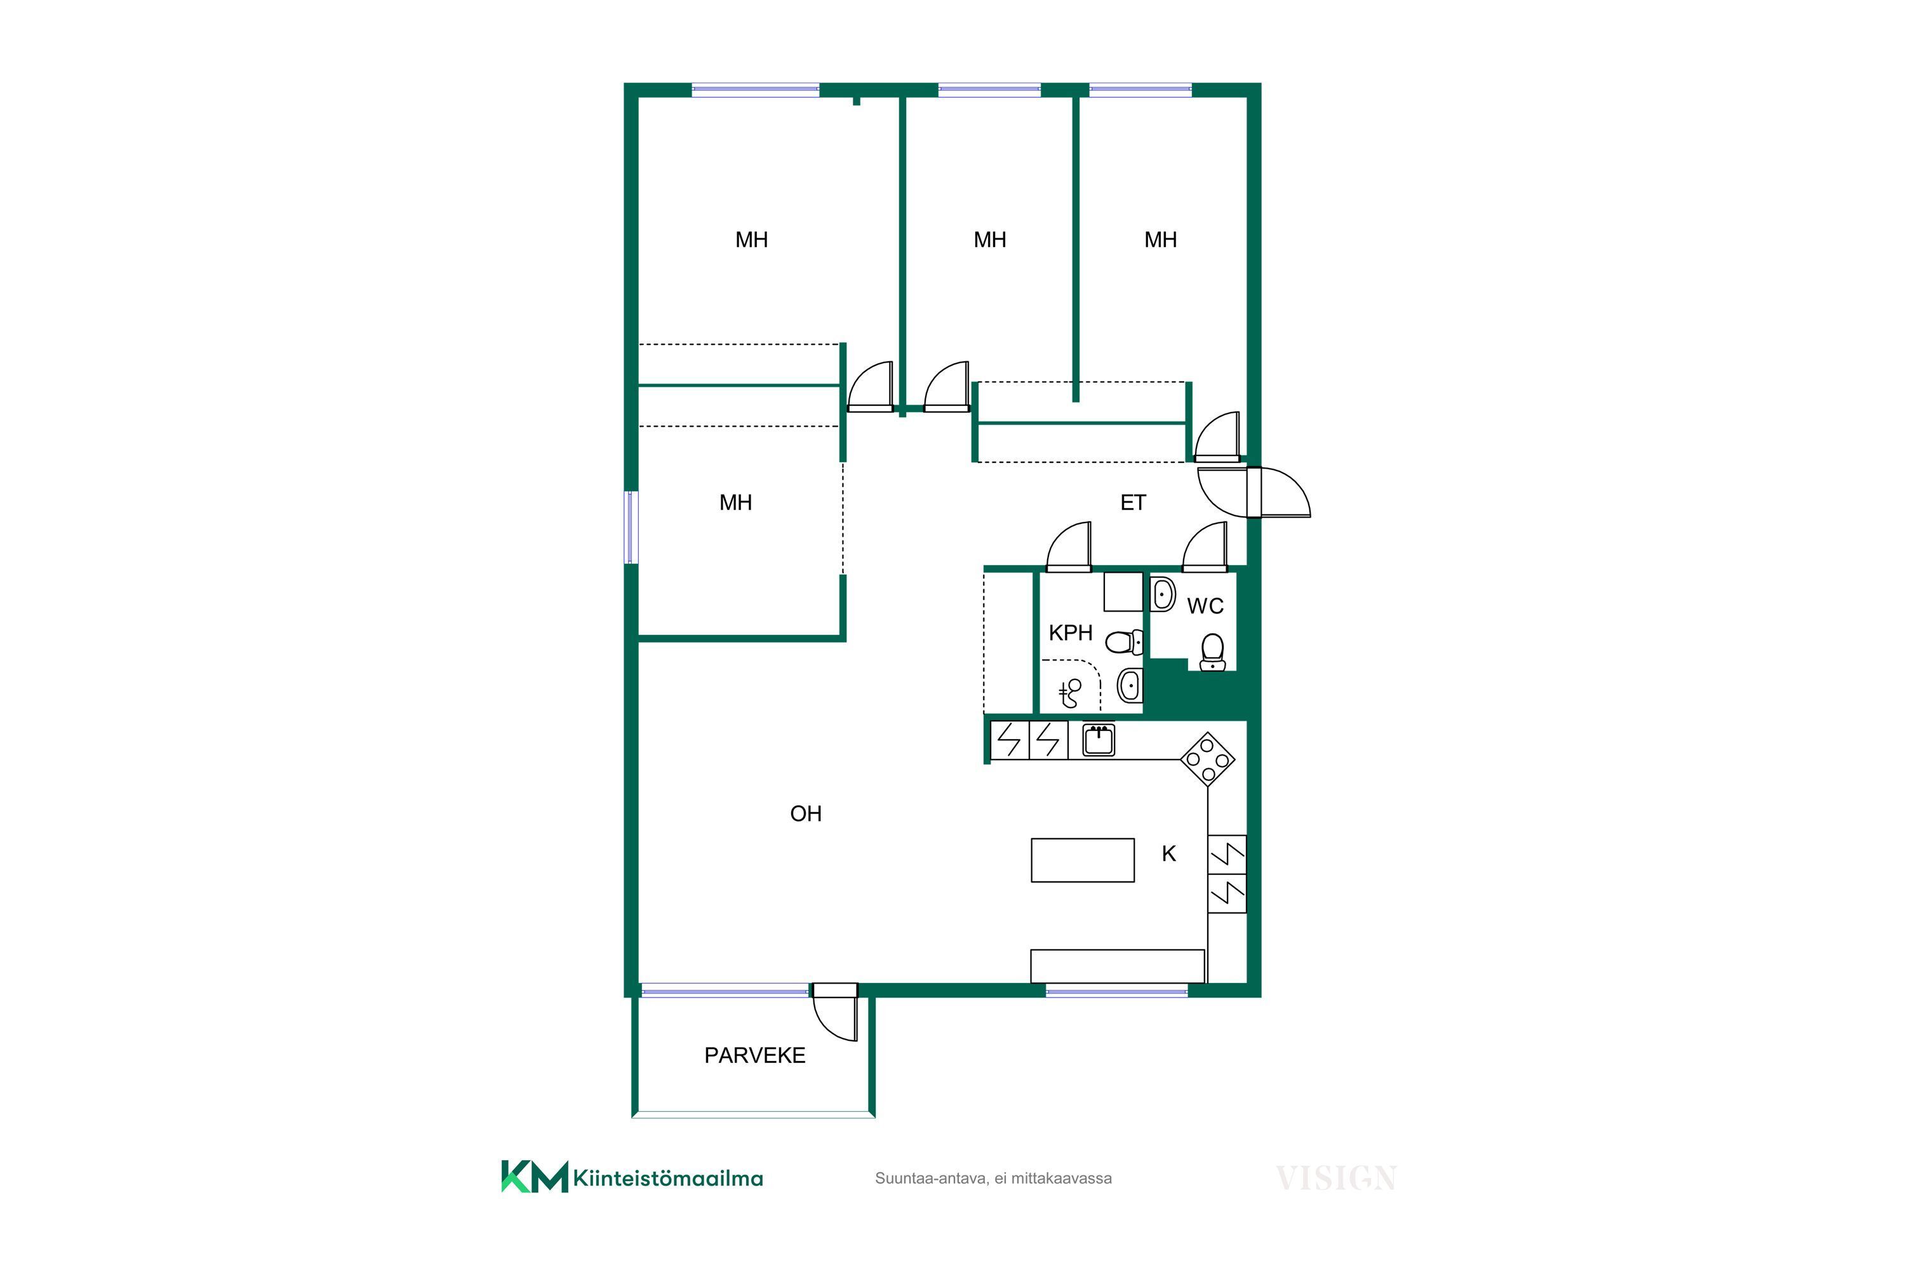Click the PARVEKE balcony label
pyautogui.click(x=754, y=1055)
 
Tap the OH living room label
pyautogui.click(x=805, y=813)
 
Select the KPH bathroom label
pyautogui.click(x=1070, y=632)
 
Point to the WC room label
pyautogui.click(x=1205, y=606)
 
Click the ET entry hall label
pyautogui.click(x=1132, y=503)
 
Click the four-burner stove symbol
pyautogui.click(x=1207, y=759)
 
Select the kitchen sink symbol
pyautogui.click(x=1099, y=740)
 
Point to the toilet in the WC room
pyautogui.click(x=1212, y=652)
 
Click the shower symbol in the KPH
pyautogui.click(x=1071, y=693)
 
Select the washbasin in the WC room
pyautogui.click(x=1163, y=594)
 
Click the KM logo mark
pyautogui.click(x=535, y=1177)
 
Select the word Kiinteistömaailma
pyautogui.click(x=668, y=1179)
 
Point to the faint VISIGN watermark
pyautogui.click(x=1335, y=1178)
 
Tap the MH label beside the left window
pyautogui.click(x=735, y=503)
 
